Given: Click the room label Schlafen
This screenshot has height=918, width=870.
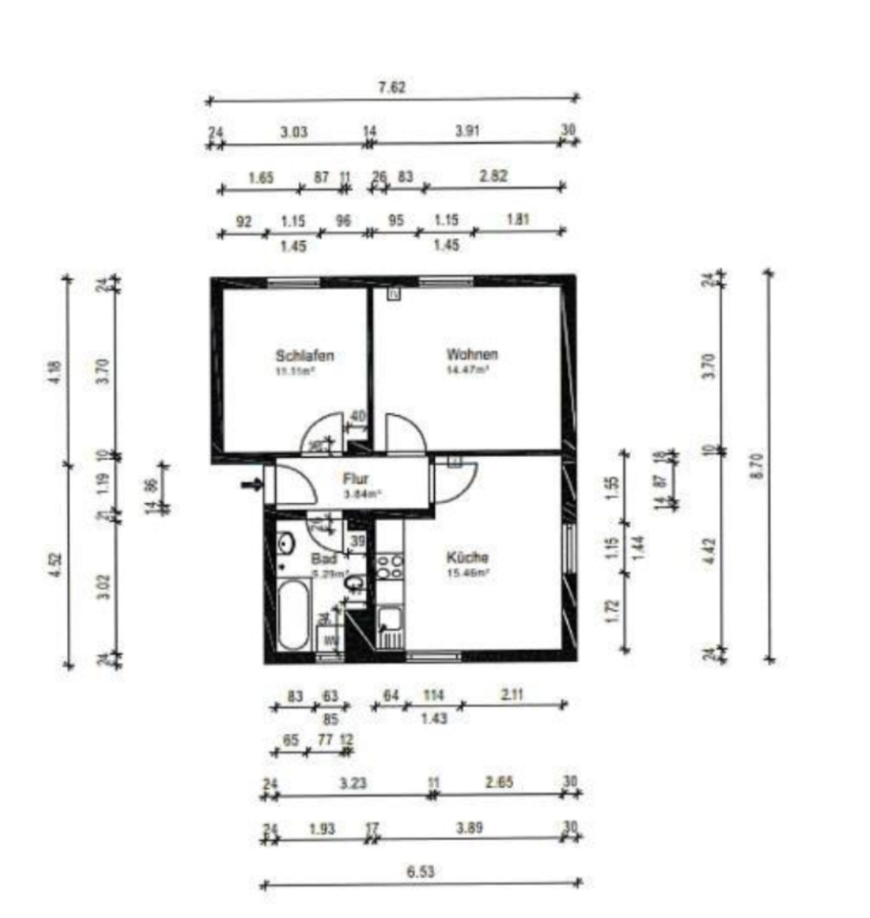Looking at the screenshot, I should (x=305, y=356).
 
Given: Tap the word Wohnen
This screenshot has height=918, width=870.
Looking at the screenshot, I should (x=471, y=355).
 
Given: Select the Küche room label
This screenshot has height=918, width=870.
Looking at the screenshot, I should (x=468, y=557).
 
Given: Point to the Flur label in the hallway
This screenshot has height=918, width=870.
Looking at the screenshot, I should (x=355, y=480).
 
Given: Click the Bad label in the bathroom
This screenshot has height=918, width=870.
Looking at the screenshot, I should (x=322, y=558).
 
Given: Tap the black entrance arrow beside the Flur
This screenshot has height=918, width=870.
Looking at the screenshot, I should (x=251, y=485).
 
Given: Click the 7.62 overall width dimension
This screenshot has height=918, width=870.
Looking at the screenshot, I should (x=392, y=87).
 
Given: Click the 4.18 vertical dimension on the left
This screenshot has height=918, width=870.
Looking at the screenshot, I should (x=54, y=368).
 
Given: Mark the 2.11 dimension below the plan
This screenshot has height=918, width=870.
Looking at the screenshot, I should (x=512, y=694).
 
